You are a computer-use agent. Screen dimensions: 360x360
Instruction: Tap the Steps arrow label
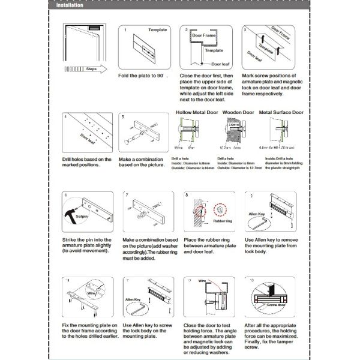pos(92,69)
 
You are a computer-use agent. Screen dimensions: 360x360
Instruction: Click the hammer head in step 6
pos(71,214)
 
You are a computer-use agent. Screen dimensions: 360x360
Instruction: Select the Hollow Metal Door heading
pos(194,112)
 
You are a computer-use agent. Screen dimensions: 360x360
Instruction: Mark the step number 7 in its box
pos(128,195)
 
